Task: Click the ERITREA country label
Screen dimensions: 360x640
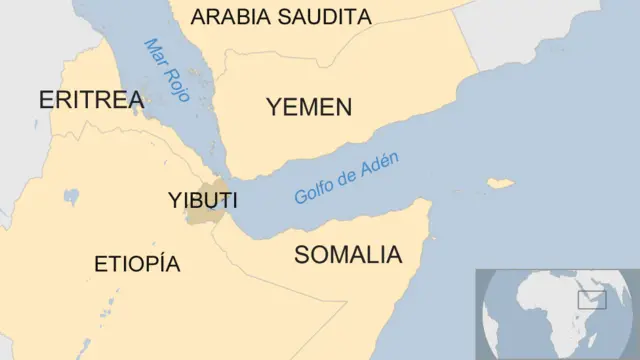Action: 91,99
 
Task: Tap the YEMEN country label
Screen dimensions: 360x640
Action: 309,107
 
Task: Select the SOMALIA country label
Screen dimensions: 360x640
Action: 347,254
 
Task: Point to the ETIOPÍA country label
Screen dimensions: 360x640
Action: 137,264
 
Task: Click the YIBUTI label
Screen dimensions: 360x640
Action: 202,200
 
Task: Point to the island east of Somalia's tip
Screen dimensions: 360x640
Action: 499,183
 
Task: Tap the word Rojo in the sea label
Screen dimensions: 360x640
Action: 178,86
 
